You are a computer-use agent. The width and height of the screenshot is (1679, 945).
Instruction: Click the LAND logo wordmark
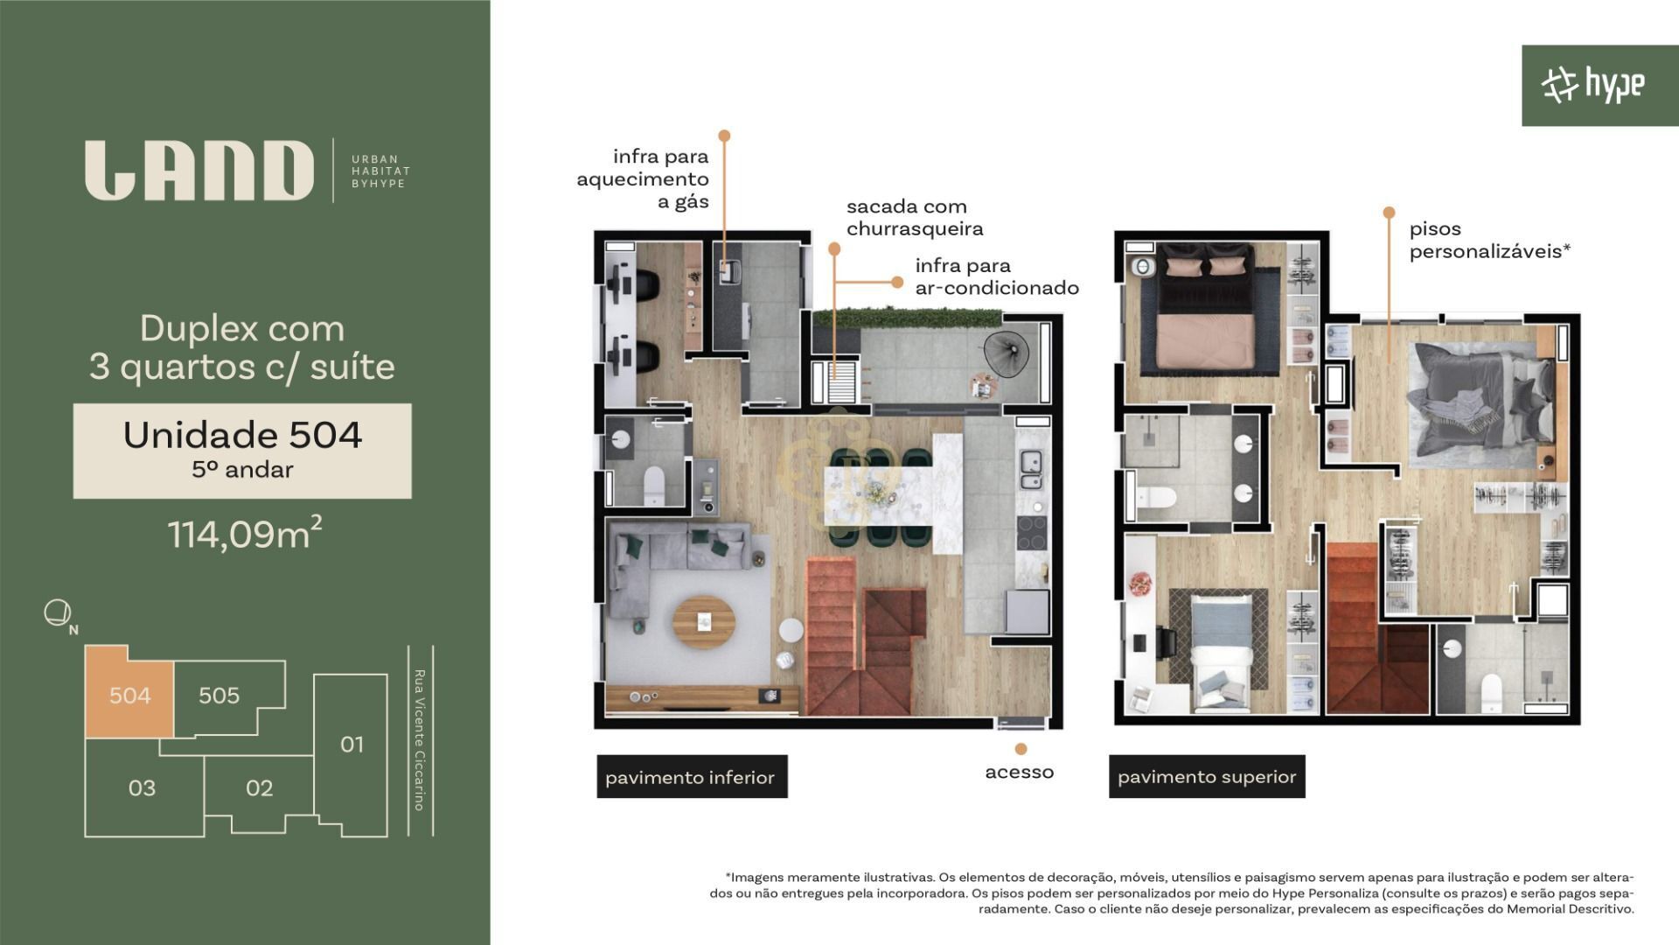pyautogui.click(x=199, y=171)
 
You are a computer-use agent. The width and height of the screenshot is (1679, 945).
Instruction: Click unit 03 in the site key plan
pyautogui.click(x=143, y=787)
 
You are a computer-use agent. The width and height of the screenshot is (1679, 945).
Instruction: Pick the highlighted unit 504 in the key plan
pyautogui.click(x=129, y=695)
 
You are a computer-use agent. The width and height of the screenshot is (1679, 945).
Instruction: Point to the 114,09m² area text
pyautogui.click(x=245, y=533)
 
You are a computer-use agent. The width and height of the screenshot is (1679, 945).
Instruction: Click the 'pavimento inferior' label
pyautogui.click(x=690, y=777)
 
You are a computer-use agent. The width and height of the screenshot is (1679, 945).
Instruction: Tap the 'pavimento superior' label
pyautogui.click(x=1207, y=777)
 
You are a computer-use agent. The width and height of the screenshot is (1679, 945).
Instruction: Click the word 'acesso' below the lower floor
pyautogui.click(x=1020, y=772)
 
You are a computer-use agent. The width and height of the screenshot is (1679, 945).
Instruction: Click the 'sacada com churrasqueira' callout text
pyautogui.click(x=915, y=218)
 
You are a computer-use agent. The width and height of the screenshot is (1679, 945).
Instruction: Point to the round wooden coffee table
pyautogui.click(x=704, y=621)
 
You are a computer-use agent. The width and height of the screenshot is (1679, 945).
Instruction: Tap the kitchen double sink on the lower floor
pyautogui.click(x=1031, y=468)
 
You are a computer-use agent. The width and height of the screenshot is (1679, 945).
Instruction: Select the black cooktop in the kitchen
pyautogui.click(x=1032, y=533)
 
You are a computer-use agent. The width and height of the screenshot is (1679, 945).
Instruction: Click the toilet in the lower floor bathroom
pyautogui.click(x=654, y=486)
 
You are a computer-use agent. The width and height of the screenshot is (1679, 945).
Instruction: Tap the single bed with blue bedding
pyautogui.click(x=1217, y=651)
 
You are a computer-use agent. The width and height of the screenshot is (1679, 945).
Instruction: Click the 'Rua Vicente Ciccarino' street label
pyautogui.click(x=420, y=740)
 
